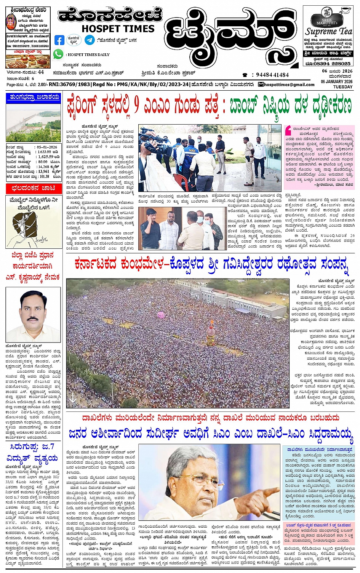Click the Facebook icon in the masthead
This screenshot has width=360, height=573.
59,40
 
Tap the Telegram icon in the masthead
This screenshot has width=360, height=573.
90,40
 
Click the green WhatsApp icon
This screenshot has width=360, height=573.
58,54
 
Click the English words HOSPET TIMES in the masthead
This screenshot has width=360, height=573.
118,29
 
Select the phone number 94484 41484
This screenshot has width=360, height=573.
272,75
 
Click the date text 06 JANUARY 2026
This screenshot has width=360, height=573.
336,82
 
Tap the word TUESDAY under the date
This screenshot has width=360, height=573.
343,87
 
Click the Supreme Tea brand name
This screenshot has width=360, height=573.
328,32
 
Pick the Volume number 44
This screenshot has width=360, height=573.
41,72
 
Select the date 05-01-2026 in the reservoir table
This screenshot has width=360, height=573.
47,147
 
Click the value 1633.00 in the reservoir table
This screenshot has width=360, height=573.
44,152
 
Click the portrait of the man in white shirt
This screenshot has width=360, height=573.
33,314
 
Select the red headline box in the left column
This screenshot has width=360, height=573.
33,188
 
